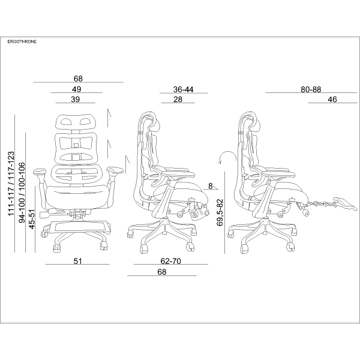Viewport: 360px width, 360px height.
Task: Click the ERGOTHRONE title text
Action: pos(22,42)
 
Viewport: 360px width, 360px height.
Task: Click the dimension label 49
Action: pos(76,89)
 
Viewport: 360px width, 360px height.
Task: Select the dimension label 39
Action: pos(76,100)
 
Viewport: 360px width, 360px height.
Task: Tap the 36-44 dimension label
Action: pos(183,89)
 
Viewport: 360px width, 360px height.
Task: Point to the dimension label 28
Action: pos(178,100)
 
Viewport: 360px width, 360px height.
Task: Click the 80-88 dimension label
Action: pos(311,89)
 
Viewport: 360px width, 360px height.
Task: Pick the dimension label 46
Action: pos(332,100)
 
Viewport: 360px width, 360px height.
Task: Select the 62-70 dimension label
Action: pos(170,261)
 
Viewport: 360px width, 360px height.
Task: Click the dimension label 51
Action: pos(77,261)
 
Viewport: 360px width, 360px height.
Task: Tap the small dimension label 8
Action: pos(211,186)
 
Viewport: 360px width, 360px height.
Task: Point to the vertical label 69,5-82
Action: pos(220,212)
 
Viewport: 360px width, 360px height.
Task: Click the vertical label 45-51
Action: pos(32,219)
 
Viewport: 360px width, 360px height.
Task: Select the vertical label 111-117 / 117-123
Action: pos(11,184)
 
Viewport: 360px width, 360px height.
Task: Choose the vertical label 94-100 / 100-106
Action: pos(22,193)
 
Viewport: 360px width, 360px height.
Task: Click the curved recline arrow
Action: pos(227,157)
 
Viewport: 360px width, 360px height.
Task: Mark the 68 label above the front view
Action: pos(78,79)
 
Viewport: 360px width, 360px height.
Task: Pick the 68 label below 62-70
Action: pos(161,272)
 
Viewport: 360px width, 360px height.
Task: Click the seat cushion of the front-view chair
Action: pos(77,197)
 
